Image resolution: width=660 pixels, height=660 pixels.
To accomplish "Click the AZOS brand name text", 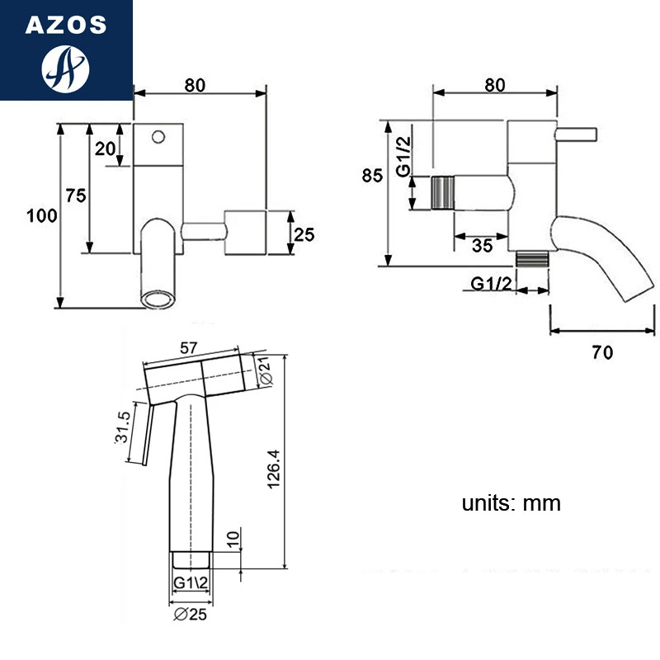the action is (66, 25).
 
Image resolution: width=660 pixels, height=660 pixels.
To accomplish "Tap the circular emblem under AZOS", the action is (66, 69).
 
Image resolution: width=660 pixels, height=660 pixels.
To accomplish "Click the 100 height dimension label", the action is (42, 215).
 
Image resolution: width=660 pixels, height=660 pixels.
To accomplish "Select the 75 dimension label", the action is (76, 196).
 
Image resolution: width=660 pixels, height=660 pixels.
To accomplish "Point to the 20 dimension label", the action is (105, 148).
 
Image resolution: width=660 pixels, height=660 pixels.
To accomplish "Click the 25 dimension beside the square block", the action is (304, 234).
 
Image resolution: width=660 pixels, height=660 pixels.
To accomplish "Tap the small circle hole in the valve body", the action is (158, 137).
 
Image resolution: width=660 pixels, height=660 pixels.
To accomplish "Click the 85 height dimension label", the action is (372, 175).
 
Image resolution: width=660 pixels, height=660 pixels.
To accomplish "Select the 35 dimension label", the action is (482, 246).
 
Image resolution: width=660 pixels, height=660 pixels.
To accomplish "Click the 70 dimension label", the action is (602, 352).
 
